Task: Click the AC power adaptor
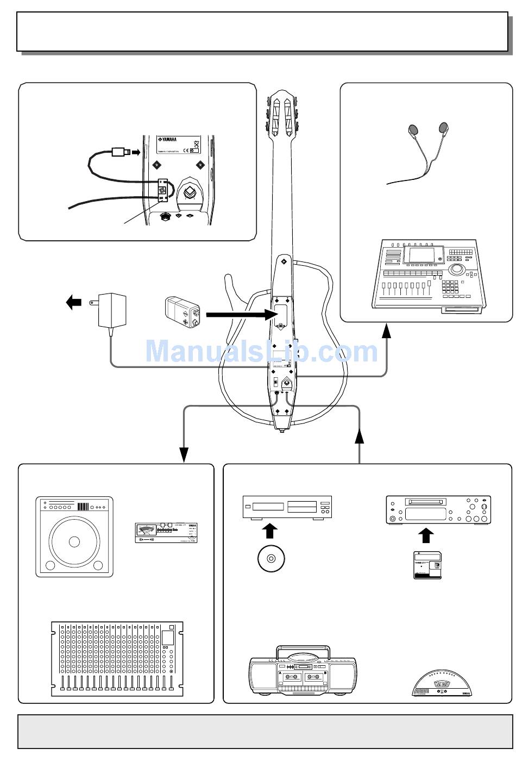pyautogui.click(x=112, y=310)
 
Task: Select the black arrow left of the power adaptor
pyautogui.click(x=73, y=301)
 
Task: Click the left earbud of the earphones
pyautogui.click(x=413, y=130)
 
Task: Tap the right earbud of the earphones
pyautogui.click(x=444, y=128)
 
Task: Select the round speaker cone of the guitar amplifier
pyautogui.click(x=74, y=541)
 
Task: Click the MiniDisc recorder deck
pyautogui.click(x=438, y=510)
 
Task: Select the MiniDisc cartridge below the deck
pyautogui.click(x=427, y=565)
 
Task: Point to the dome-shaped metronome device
pyautogui.click(x=442, y=683)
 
